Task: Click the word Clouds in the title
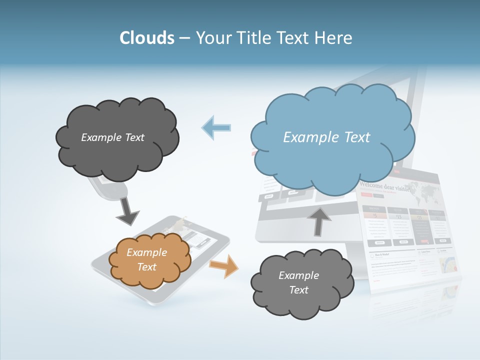[x=147, y=38]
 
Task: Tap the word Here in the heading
[x=334, y=38]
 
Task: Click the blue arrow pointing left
[x=216, y=127]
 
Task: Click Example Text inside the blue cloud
[x=326, y=137]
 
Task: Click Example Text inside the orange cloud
[x=146, y=259]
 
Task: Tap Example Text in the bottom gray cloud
[x=298, y=282]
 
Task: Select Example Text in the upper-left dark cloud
[x=112, y=137]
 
